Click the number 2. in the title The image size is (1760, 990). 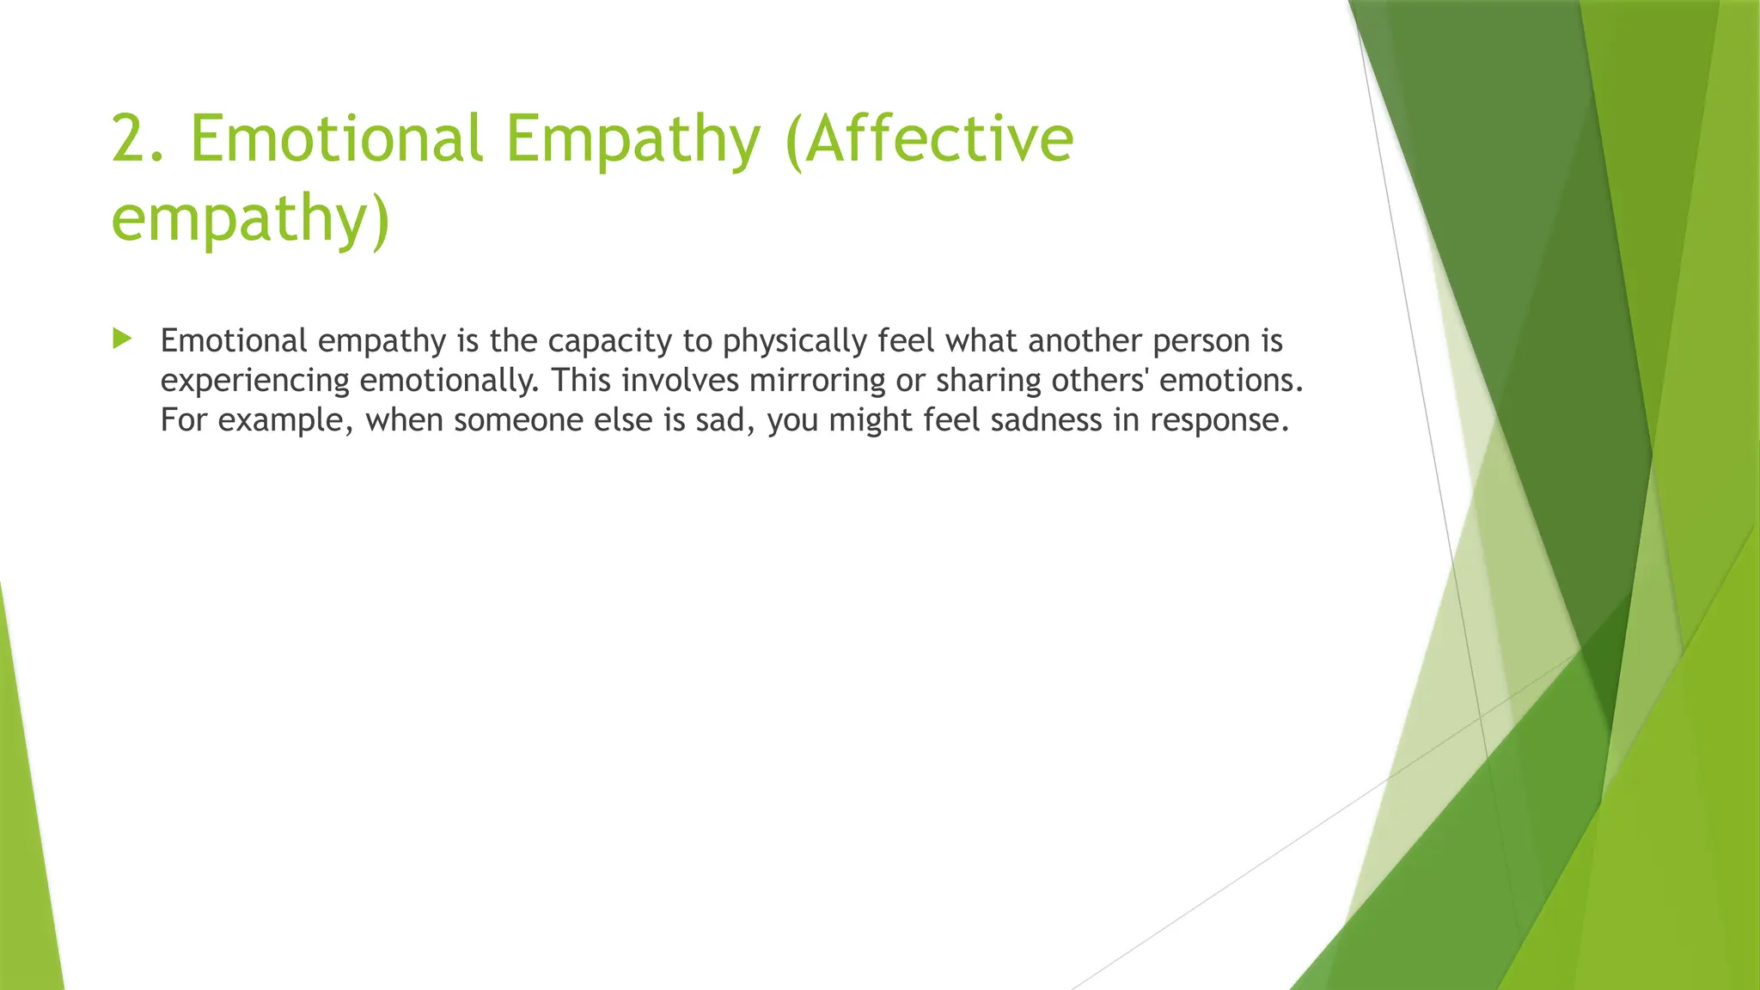pyautogui.click(x=137, y=139)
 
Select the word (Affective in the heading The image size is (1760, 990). pyautogui.click(x=929, y=139)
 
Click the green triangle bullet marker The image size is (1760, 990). pyautogui.click(x=122, y=339)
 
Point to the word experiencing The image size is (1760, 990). pyautogui.click(x=254, y=381)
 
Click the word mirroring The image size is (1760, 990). pyautogui.click(x=816, y=381)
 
